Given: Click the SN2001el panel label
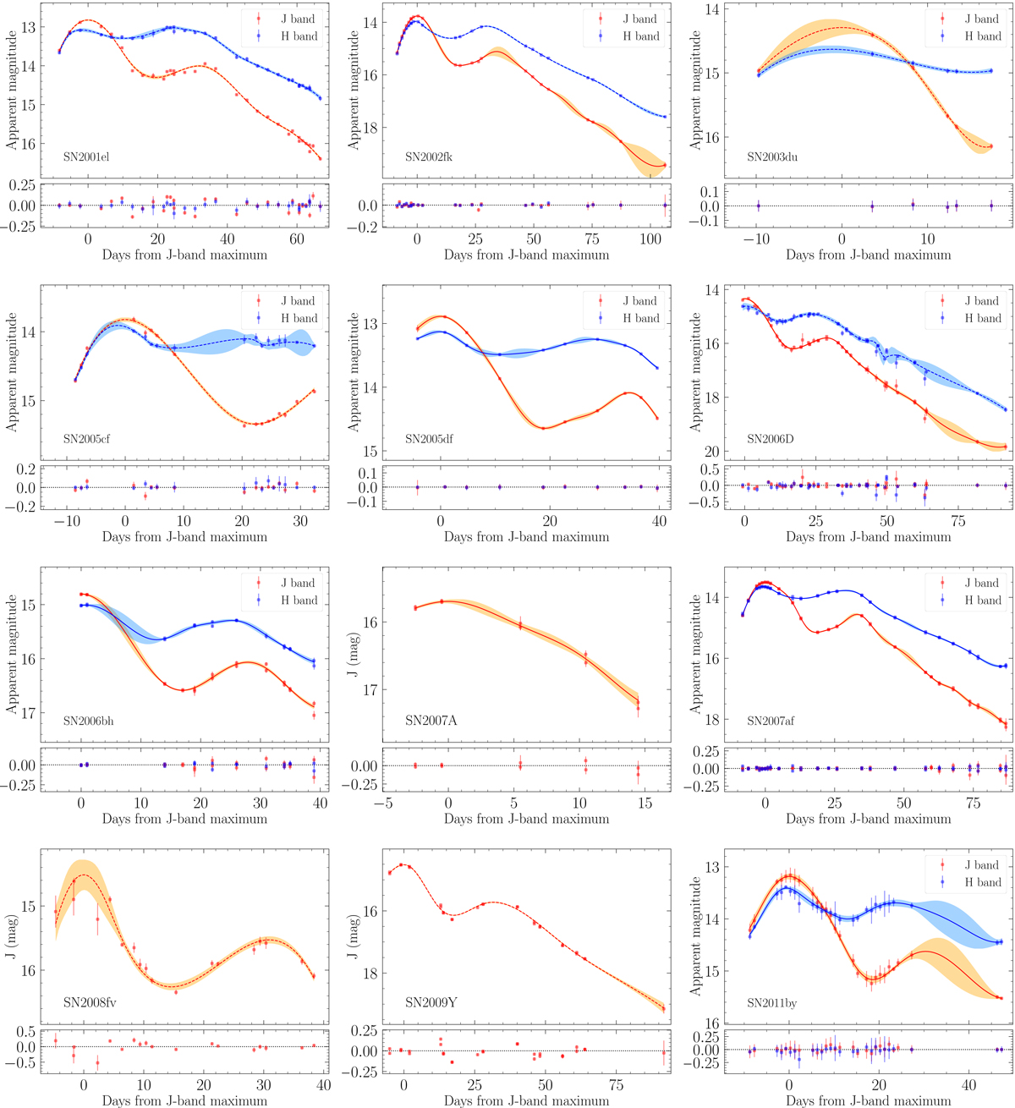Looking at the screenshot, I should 85,156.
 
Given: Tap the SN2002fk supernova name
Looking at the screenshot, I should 428,156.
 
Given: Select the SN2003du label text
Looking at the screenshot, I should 772,156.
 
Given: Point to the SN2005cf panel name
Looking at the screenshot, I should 85,439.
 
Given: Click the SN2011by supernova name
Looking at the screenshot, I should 771,1003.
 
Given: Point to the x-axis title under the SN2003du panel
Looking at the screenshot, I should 868,255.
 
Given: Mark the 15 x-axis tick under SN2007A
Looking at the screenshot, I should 645,804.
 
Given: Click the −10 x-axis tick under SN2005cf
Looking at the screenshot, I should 66,522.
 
